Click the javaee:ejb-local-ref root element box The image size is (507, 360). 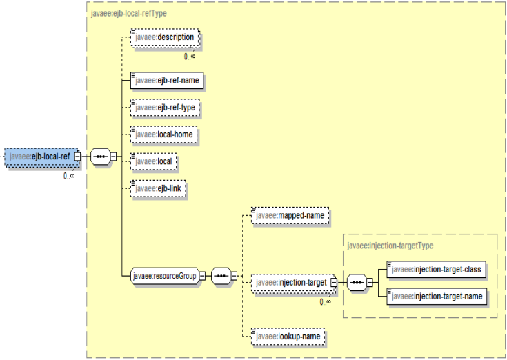click(40, 157)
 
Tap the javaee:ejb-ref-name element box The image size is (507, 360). click(166, 80)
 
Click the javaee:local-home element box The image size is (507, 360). click(164, 134)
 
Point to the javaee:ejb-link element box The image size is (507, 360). click(159, 188)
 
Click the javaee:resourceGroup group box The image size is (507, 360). click(164, 277)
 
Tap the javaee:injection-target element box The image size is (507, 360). click(291, 282)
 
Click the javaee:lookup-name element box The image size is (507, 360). click(287, 336)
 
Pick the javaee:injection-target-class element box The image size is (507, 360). click(435, 269)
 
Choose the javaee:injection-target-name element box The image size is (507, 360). click(435, 296)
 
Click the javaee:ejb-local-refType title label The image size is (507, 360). click(128, 12)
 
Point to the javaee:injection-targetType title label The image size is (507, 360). click(390, 245)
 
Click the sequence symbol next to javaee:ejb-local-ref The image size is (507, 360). click(100, 157)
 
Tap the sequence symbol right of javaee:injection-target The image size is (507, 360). click(356, 282)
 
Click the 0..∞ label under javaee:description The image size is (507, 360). click(189, 56)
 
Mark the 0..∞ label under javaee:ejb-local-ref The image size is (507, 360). click(69, 176)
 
